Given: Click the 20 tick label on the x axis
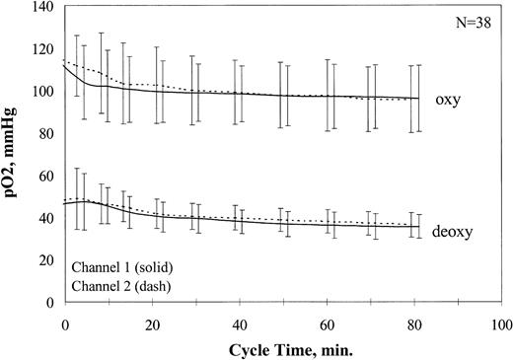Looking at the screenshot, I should tap(151, 323).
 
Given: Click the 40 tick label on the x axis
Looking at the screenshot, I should tap(238, 323).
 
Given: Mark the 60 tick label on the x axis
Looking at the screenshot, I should tap(326, 323).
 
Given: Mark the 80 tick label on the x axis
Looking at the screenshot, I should tap(413, 323).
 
